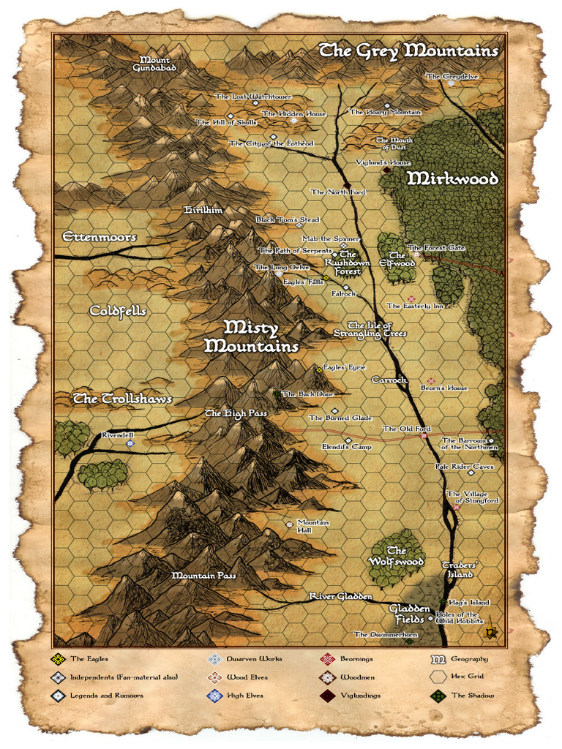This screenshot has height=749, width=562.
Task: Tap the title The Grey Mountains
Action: pos(409,50)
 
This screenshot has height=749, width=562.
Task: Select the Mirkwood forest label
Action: pos(452,178)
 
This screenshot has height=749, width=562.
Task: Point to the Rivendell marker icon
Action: pos(130,443)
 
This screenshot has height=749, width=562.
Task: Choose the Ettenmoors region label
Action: pos(100,237)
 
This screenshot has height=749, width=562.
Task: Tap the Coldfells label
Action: pos(118,311)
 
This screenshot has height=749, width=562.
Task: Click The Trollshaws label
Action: pos(122,399)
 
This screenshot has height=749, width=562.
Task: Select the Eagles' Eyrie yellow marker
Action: pos(319,370)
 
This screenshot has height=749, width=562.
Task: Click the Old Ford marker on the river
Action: pos(423,436)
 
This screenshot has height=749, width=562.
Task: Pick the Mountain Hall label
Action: pos(313,527)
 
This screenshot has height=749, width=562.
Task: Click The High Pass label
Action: pos(236,413)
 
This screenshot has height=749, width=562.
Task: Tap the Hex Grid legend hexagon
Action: pos(438,677)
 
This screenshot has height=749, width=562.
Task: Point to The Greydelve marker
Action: pos(451,83)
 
